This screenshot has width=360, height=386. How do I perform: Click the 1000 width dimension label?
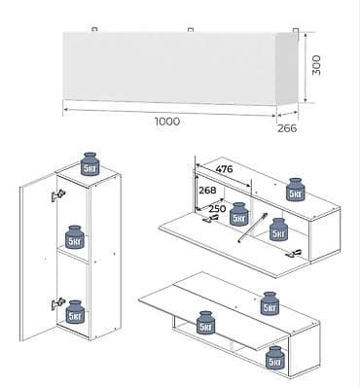(x=167, y=122)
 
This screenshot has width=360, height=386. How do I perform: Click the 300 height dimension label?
(x=316, y=65)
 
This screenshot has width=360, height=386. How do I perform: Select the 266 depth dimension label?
(x=287, y=128)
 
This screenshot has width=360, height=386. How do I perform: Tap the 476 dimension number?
(x=224, y=168)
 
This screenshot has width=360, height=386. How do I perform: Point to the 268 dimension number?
(x=207, y=190)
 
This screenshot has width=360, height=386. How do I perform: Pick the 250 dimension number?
(x=217, y=208)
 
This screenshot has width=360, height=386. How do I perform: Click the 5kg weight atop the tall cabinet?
(x=90, y=164)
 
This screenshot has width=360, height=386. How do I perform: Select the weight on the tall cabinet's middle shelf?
(x=75, y=237)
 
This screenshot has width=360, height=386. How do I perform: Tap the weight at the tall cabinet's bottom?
(x=75, y=312)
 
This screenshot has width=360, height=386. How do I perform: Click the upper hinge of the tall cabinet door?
(x=58, y=195)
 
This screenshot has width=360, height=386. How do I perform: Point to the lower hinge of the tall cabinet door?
(x=58, y=303)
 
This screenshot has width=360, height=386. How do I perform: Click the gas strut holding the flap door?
(x=253, y=228)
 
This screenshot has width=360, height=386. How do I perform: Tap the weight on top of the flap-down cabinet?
(x=296, y=190)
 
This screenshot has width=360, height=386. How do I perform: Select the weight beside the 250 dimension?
(x=239, y=214)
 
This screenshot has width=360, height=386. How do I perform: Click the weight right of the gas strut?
(x=279, y=229)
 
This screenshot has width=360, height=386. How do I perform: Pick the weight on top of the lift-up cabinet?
(x=270, y=303)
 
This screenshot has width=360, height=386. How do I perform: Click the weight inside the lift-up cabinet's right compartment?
(x=275, y=358)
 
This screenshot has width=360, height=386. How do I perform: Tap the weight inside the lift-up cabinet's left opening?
(x=206, y=323)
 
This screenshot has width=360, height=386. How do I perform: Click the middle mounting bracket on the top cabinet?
(x=191, y=30)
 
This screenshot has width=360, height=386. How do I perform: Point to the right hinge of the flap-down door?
(x=294, y=254)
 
